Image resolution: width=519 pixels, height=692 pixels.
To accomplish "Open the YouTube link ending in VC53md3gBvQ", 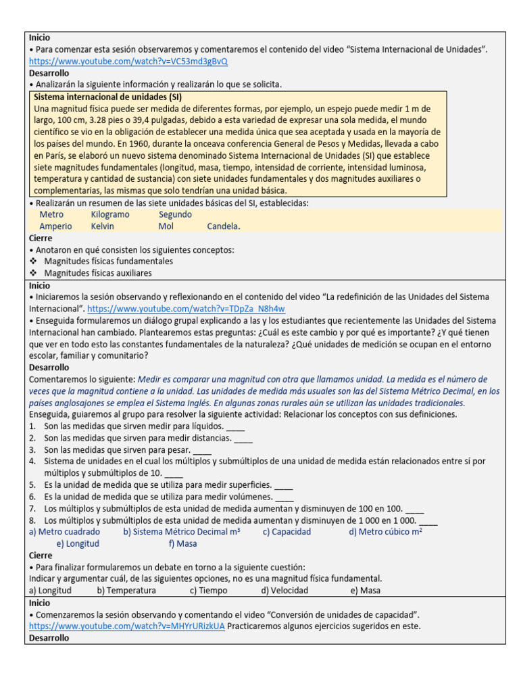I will tap(128, 61).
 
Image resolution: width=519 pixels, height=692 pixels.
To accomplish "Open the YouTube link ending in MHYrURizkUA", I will tap(127, 626).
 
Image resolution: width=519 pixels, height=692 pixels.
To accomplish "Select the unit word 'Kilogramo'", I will tap(110, 214).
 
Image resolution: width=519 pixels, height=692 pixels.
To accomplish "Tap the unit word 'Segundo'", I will tap(175, 214).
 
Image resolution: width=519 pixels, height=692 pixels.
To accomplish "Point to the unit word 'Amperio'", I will tap(55, 226).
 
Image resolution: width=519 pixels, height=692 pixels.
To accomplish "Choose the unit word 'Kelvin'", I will tap(103, 226).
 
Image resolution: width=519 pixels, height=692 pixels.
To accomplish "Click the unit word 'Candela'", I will tap(223, 226).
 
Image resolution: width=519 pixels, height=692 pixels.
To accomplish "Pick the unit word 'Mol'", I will tap(166, 226).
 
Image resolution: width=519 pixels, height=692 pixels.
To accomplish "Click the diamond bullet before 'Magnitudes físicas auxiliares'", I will tap(34, 273).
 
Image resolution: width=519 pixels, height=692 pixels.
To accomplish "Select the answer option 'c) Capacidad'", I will tap(287, 531).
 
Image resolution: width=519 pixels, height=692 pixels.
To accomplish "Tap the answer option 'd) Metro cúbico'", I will tap(385, 531).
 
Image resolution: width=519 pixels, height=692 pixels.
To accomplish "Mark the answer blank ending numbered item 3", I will tap(202, 450).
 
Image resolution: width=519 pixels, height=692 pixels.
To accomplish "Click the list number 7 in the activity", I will tap(32, 508).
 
